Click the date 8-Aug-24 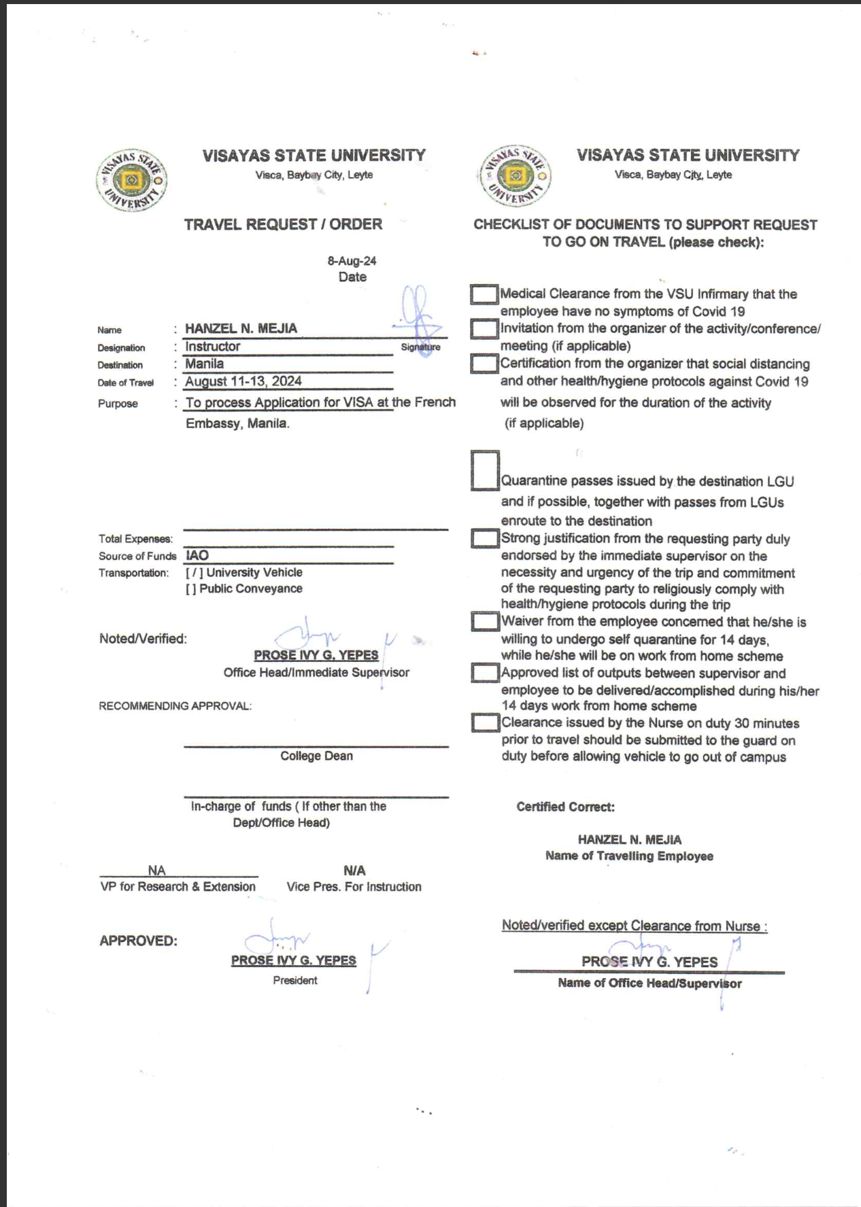(x=352, y=261)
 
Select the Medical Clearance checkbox (x=484, y=294)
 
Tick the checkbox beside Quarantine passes (x=485, y=470)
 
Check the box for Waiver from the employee (x=485, y=621)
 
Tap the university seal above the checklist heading (x=516, y=176)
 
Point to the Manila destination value (x=204, y=364)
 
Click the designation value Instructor (x=212, y=347)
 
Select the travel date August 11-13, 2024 (x=243, y=381)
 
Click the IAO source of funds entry (x=197, y=555)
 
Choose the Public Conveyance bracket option (x=191, y=589)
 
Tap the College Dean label (x=316, y=756)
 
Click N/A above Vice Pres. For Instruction (x=354, y=871)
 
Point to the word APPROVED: (x=138, y=941)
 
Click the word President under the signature (x=294, y=981)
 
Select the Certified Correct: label (x=565, y=807)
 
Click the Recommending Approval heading (x=175, y=706)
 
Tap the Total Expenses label (x=135, y=539)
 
